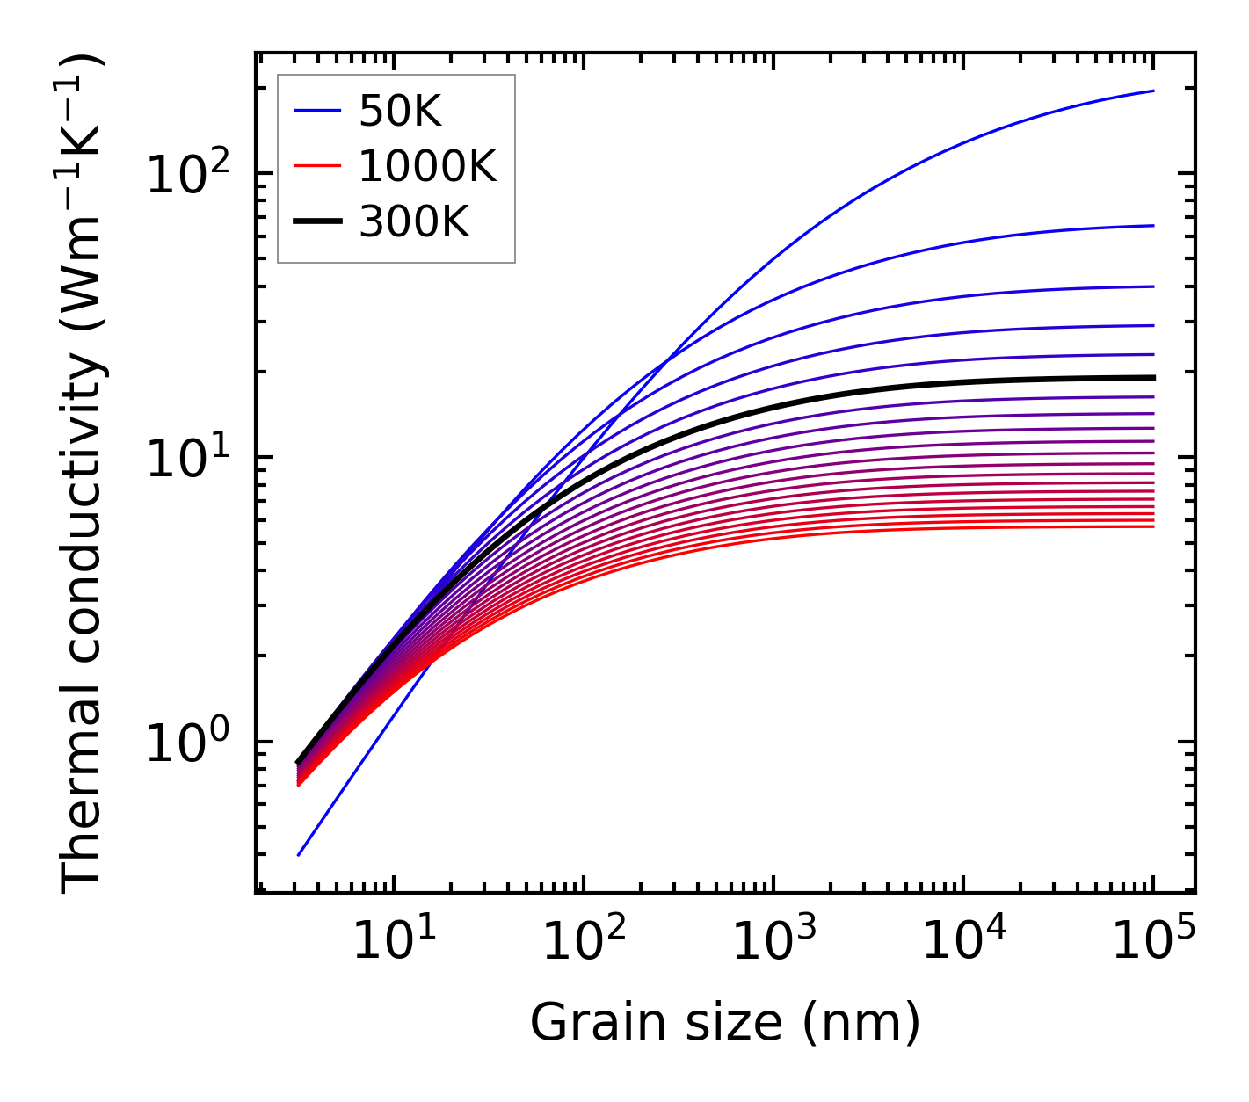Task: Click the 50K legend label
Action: click(399, 112)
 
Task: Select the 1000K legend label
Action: click(427, 166)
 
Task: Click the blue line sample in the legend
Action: click(316, 111)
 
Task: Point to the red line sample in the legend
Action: click(316, 165)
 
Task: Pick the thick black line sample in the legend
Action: click(316, 221)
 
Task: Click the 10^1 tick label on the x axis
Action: click(393, 942)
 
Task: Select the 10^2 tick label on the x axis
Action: click(583, 942)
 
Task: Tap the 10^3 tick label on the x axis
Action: click(773, 942)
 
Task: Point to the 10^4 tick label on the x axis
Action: click(962, 942)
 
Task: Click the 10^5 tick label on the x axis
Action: click(1152, 942)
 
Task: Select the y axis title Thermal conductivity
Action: click(84, 475)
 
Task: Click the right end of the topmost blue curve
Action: click(1152, 91)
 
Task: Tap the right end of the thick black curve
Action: click(1152, 377)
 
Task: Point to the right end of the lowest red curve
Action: click(1152, 526)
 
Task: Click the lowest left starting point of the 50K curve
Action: click(299, 855)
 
